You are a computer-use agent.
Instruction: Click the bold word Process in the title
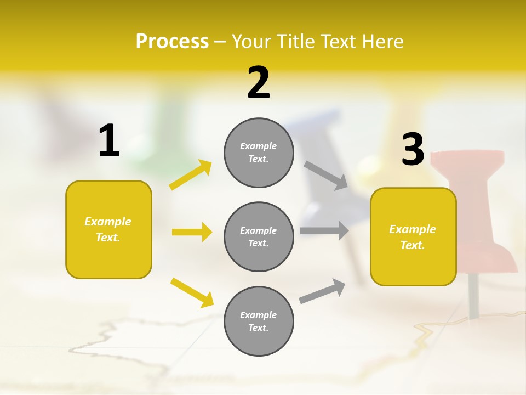pos(172,42)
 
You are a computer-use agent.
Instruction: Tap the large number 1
pos(109,140)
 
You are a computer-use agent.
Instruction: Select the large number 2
pos(259,83)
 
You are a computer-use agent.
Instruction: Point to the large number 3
pos(413,149)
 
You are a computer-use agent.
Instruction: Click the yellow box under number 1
pos(108,229)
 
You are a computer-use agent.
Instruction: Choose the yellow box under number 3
pos(413,236)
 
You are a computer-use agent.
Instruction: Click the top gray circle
pos(259,153)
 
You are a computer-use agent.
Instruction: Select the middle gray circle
pos(259,236)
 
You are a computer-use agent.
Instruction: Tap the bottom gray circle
pos(259,321)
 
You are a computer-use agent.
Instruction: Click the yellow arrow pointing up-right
pos(191,175)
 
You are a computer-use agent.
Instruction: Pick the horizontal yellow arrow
pos(192,232)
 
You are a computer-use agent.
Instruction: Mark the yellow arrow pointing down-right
pos(192,292)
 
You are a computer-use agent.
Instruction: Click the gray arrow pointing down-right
pos(326,175)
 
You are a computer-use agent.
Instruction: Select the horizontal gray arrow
pos(324,230)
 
